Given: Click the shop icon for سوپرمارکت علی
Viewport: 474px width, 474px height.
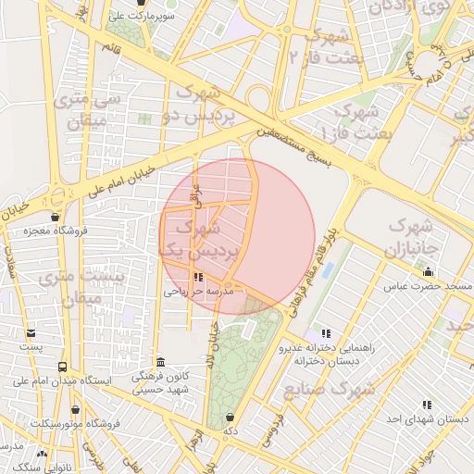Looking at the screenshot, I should click(x=141, y=3).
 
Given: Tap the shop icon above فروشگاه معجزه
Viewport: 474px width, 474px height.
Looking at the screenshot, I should click(x=56, y=218).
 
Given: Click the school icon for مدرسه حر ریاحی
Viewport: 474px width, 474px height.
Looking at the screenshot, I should click(x=197, y=277).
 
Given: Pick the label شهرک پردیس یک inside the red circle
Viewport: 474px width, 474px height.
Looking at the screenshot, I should click(x=203, y=238).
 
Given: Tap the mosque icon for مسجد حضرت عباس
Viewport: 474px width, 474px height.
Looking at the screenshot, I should click(x=428, y=272).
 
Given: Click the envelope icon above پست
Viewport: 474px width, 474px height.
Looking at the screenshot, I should click(x=32, y=332).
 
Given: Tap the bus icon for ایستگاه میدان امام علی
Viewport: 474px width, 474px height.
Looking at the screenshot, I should click(x=63, y=367).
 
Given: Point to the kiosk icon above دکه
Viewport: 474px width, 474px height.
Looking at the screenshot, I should click(x=230, y=417).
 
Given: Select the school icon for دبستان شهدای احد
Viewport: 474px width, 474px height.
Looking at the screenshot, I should click(x=426, y=405).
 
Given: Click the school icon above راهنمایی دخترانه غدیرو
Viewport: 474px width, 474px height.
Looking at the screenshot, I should click(x=325, y=333).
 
